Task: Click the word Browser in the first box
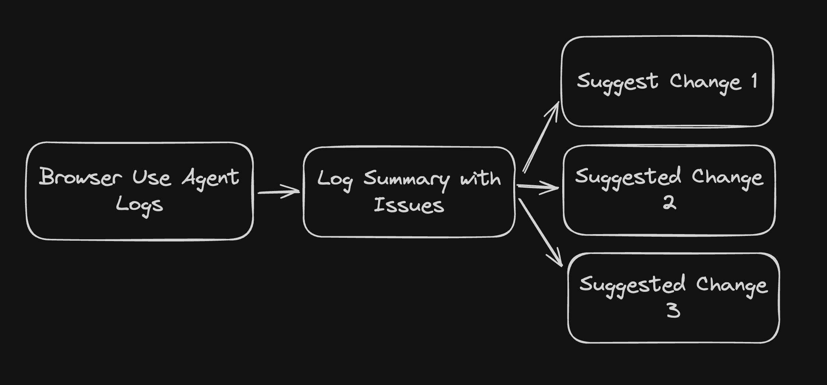pyautogui.click(x=80, y=177)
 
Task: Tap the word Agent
pyautogui.click(x=210, y=178)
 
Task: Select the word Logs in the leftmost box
pyautogui.click(x=139, y=205)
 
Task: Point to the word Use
pyautogui.click(x=151, y=177)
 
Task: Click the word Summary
pyautogui.click(x=407, y=180)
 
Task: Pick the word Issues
pyautogui.click(x=409, y=205)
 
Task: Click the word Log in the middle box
pyautogui.click(x=335, y=180)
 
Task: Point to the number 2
pyautogui.click(x=669, y=202)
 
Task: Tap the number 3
pyautogui.click(x=673, y=310)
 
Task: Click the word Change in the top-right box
pyautogui.click(x=705, y=82)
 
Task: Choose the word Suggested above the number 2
pyautogui.click(x=628, y=177)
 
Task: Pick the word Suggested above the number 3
pyautogui.click(x=632, y=285)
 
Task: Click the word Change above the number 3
pyautogui.click(x=732, y=285)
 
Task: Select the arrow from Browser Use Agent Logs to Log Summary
pyautogui.click(x=279, y=192)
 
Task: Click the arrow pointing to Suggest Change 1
pyautogui.click(x=541, y=137)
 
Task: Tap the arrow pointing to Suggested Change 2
pyautogui.click(x=538, y=187)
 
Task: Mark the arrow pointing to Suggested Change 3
pyautogui.click(x=540, y=232)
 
